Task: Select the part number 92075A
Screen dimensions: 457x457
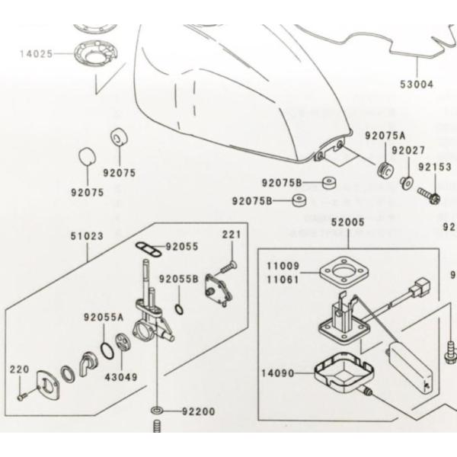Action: tap(385, 136)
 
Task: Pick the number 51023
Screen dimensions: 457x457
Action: tap(88, 236)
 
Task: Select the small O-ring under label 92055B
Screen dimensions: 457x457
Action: tap(177, 308)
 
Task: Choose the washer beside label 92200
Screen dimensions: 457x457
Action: tap(157, 411)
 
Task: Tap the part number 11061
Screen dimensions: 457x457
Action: tap(282, 280)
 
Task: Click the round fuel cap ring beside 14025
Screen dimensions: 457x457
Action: tap(97, 57)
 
